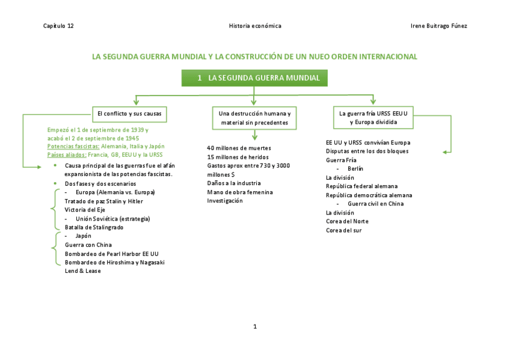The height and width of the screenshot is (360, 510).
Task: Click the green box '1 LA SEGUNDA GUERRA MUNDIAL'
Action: (x=254, y=78)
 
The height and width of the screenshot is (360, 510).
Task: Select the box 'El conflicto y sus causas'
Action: (x=129, y=113)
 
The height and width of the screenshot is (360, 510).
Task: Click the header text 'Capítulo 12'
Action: (x=58, y=26)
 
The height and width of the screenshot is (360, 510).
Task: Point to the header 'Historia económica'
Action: (x=255, y=26)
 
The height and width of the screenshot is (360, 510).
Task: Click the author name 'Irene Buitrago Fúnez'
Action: (x=438, y=26)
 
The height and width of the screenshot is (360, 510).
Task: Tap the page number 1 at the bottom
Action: (x=255, y=326)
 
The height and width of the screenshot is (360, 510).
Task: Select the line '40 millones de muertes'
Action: (x=239, y=148)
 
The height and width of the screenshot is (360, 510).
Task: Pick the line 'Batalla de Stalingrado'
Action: (x=94, y=227)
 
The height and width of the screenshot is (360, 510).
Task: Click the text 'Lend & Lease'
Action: (x=83, y=271)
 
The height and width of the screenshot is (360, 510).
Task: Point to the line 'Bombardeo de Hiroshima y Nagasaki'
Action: (x=114, y=262)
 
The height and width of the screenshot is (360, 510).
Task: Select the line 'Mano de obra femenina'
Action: (x=239, y=192)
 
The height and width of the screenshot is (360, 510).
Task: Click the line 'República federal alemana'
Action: (x=361, y=186)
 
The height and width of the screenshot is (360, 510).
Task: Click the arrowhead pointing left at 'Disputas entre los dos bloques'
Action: (x=445, y=152)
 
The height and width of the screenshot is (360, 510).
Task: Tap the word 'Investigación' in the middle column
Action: (x=225, y=201)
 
